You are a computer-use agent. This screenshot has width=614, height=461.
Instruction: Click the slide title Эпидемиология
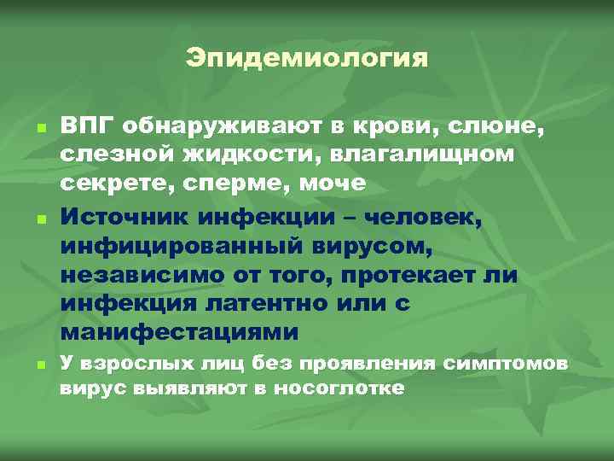(306, 60)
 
